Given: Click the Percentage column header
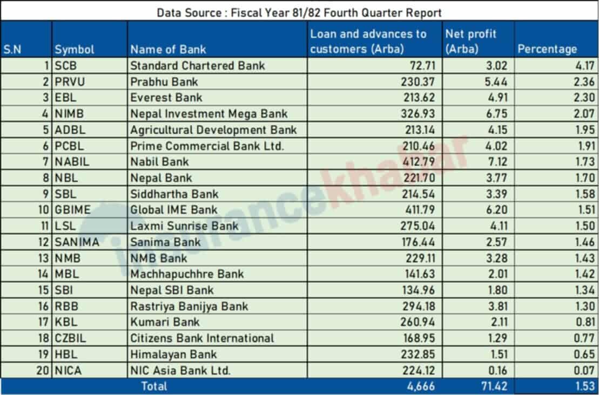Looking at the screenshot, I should coord(547,49).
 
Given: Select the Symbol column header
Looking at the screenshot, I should coord(74,50).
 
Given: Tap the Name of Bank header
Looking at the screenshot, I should coord(168,50).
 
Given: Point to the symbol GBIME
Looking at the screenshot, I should coord(72,210).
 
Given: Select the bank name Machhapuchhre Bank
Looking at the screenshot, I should coord(187,274).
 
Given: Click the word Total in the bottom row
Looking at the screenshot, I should coord(154,386).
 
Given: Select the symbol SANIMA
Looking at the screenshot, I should coord(77,242).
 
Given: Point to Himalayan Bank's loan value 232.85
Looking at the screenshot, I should coord(420,355).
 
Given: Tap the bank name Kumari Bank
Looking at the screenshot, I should coord(165,322).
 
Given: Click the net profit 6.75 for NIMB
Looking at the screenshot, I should coord(498,114).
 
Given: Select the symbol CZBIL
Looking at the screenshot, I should coord(70,338).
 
